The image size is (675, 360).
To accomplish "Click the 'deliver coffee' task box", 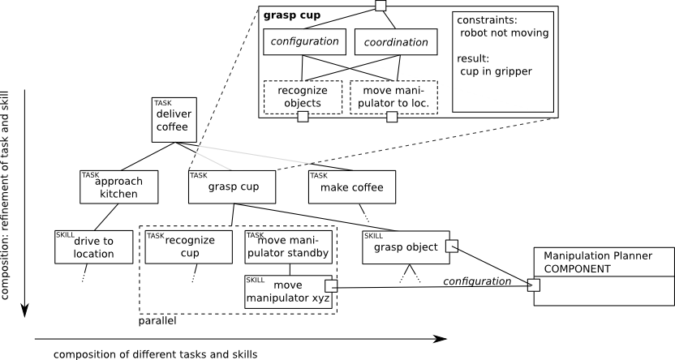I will (173, 120).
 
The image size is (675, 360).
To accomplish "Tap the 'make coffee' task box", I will (351, 187).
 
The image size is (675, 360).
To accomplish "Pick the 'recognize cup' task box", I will (191, 246).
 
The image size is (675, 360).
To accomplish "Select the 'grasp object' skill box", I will (406, 246).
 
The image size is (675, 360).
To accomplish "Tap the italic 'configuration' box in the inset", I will (304, 42).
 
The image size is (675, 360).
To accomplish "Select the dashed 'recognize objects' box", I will (303, 96).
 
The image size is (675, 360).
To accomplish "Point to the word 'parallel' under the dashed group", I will (158, 322).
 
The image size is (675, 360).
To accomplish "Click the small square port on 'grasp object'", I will (453, 246).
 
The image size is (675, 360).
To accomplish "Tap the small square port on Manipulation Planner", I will (533, 285).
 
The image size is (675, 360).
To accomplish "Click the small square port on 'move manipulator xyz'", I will (331, 285).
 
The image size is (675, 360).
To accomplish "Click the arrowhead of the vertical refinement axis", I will (25, 311).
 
